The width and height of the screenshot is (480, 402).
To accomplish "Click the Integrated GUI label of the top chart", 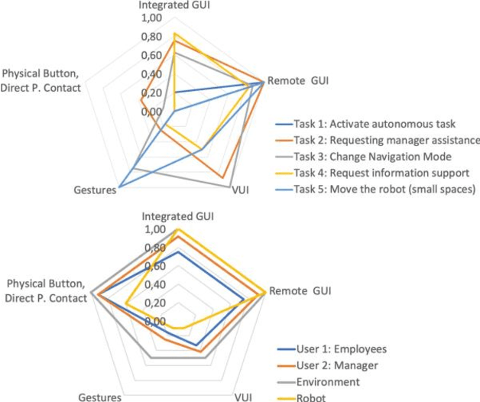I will [x=174, y=5].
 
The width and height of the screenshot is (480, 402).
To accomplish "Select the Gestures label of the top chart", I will [x=95, y=189].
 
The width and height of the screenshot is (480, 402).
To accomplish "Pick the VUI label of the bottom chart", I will [x=242, y=397].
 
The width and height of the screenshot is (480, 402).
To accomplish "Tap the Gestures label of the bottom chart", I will [x=100, y=397].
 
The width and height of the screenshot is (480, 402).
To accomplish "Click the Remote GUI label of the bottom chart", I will [x=300, y=291].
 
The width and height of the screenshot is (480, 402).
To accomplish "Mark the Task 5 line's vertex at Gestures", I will [x=119, y=186].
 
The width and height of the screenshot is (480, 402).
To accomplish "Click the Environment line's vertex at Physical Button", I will [x=90, y=292].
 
